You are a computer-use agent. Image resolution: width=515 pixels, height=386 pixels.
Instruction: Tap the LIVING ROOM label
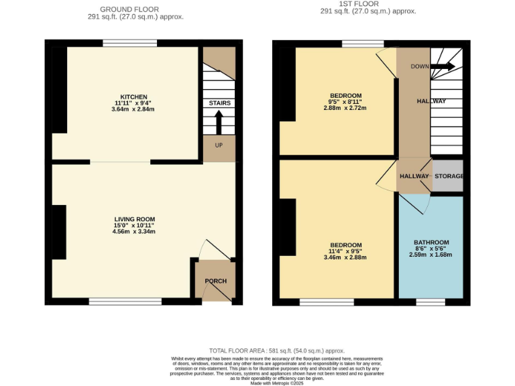point(134,219)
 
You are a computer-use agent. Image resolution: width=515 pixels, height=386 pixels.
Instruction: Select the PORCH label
point(215,281)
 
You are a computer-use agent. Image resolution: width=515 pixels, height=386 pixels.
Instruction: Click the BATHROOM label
point(431,243)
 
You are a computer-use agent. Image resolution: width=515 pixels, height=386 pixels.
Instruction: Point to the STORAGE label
point(449,176)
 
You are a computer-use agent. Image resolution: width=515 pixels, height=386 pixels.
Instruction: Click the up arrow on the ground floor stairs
point(219,123)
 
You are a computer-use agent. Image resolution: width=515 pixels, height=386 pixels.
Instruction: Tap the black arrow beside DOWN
point(443,66)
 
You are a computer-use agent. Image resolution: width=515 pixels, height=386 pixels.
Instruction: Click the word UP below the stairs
point(219,145)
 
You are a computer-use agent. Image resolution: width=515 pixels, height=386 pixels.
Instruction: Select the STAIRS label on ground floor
point(219,103)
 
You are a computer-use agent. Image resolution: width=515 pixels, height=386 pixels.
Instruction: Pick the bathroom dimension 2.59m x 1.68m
point(431,255)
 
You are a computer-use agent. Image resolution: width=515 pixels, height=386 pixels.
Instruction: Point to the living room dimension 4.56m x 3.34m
point(134,232)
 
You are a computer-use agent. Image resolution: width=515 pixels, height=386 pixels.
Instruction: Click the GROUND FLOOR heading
point(129,9)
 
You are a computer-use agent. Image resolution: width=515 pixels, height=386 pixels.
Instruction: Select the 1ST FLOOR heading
point(367,4)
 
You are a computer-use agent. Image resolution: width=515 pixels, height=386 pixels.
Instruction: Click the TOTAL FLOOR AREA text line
point(276,350)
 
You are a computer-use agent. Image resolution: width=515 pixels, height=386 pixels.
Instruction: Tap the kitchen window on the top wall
point(130,44)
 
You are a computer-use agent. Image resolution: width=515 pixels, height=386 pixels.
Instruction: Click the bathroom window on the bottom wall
point(430,302)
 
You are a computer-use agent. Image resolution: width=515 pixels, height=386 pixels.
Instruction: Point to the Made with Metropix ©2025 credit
point(276,383)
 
